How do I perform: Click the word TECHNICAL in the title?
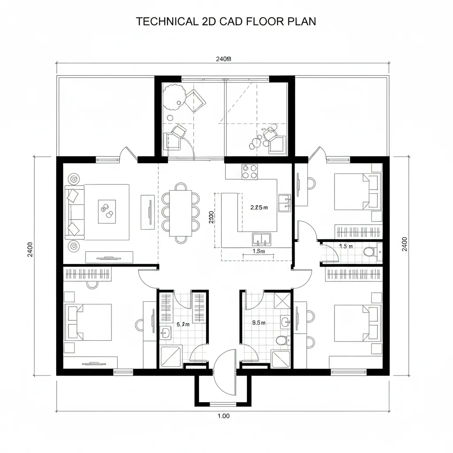coord(164,22)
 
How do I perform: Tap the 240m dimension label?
coord(223,59)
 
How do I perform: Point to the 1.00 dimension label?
coord(224,416)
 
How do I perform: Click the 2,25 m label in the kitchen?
coord(259,207)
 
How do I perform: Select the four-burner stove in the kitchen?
coord(250,172)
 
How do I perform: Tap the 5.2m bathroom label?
coord(183,324)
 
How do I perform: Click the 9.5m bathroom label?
coord(258,323)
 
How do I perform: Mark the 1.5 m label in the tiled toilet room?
coord(346,246)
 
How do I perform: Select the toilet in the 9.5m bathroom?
coord(281,340)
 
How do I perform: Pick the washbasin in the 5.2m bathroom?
coord(166,333)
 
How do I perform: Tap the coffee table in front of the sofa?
coord(107,211)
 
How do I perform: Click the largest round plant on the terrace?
coord(173,98)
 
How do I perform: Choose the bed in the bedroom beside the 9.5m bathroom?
coord(354,322)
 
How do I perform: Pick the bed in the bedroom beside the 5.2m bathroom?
coord(88,322)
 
